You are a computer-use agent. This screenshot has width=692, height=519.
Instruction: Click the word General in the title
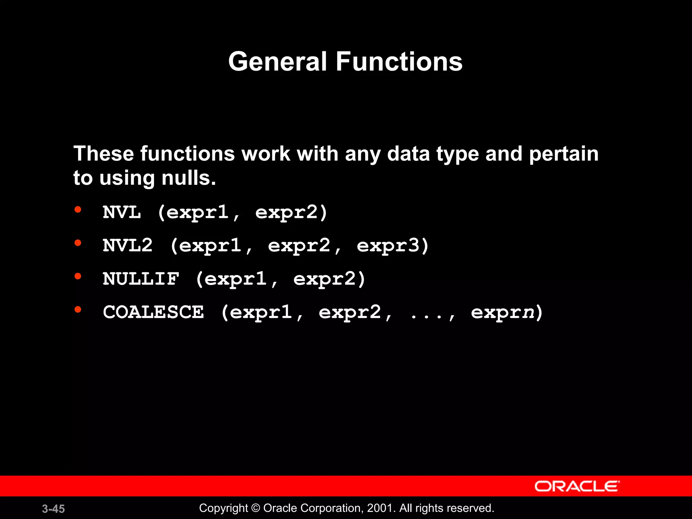click(277, 62)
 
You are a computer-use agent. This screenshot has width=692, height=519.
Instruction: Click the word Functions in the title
click(399, 62)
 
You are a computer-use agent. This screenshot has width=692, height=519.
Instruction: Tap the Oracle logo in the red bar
click(577, 486)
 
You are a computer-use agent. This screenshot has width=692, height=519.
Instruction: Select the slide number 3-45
click(53, 509)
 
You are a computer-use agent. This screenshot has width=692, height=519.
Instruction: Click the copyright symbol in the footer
click(256, 508)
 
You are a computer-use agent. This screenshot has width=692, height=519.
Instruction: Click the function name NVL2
click(128, 245)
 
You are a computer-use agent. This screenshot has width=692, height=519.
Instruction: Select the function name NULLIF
click(141, 278)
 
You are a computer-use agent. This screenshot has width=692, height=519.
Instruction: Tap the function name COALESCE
click(153, 312)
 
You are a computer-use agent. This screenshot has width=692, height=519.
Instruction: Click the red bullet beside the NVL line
click(78, 210)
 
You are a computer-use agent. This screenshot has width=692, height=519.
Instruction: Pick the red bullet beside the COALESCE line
click(78, 309)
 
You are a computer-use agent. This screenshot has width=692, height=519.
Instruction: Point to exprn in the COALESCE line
click(503, 312)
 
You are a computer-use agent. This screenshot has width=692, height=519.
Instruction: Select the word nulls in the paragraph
click(188, 178)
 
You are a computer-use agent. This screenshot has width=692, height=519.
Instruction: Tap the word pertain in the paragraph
click(563, 154)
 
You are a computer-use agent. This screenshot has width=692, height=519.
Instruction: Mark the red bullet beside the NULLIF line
click(78, 276)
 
